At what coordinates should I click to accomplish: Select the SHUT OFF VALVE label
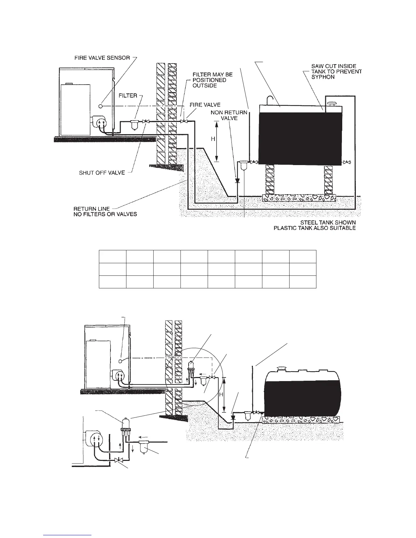(102, 173)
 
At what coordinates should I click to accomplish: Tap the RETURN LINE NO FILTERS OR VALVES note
(105, 212)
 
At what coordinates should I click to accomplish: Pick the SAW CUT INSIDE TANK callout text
(336, 72)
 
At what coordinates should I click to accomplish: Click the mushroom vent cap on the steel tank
(331, 103)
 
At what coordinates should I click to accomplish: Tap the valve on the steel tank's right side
(347, 162)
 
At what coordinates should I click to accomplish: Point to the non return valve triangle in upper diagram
(237, 180)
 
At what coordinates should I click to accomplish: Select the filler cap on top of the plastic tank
(282, 369)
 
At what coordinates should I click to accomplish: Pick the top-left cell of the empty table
(112, 256)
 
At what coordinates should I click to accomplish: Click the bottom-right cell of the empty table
(303, 282)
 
